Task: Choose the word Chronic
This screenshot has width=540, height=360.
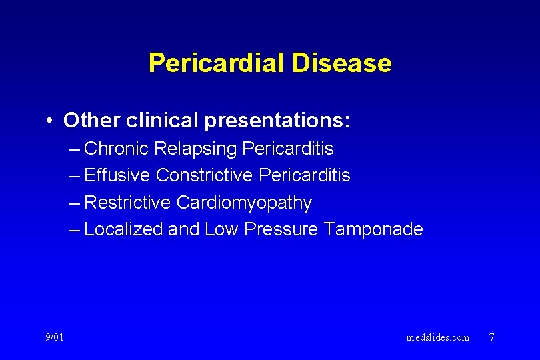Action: tap(117, 148)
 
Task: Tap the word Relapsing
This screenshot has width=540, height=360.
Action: tap(196, 149)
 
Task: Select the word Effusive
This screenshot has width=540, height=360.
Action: tap(118, 175)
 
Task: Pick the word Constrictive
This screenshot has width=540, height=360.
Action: tap(204, 175)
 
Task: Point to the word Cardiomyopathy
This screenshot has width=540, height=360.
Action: tap(244, 203)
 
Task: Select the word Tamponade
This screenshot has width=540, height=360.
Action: tap(373, 229)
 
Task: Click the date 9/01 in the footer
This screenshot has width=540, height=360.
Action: tap(55, 337)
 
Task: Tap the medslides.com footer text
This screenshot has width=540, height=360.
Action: tap(438, 337)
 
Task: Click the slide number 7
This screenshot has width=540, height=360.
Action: tap(492, 337)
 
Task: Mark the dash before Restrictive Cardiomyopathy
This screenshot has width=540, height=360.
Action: tap(75, 203)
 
